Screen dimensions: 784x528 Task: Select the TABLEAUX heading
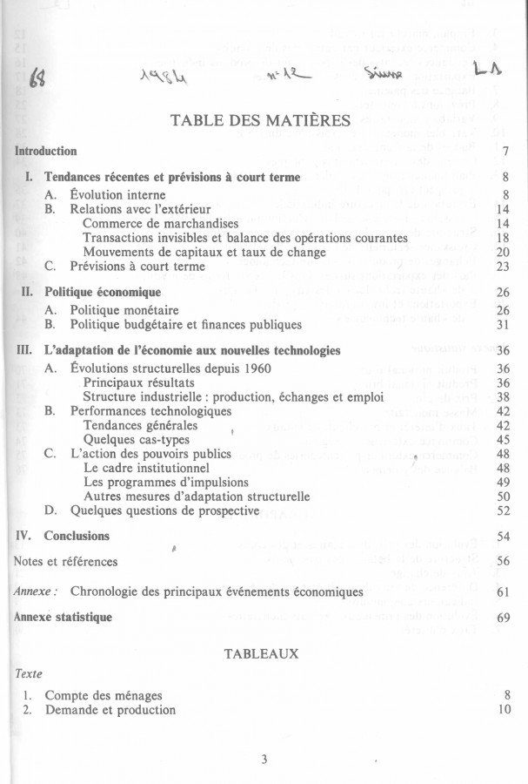point(262,652)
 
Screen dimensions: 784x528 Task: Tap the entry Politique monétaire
point(124,309)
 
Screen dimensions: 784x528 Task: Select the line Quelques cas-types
point(136,439)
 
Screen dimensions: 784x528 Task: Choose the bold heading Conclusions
point(77,535)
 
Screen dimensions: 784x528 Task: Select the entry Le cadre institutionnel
point(150,468)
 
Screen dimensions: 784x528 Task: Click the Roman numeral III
point(23,350)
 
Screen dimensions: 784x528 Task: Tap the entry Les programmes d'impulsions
point(166,482)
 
